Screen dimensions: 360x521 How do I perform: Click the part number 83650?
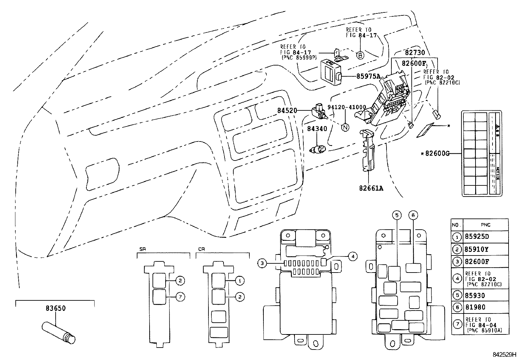pyautogui.click(x=55, y=308)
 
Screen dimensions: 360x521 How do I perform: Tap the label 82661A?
pyautogui.click(x=371, y=188)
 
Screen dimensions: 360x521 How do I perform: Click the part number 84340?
pyautogui.click(x=317, y=129)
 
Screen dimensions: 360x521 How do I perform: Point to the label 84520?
pyautogui.click(x=287, y=111)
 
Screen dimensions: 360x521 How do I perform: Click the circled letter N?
pyautogui.click(x=345, y=127)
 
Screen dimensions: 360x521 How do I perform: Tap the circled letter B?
pyautogui.click(x=360, y=55)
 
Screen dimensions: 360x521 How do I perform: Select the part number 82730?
pyautogui.click(x=415, y=52)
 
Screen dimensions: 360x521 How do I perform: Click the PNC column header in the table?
pyautogui.click(x=486, y=225)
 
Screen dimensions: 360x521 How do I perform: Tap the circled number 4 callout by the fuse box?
pyautogui.click(x=352, y=256)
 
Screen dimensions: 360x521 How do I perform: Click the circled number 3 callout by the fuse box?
pyautogui.click(x=261, y=263)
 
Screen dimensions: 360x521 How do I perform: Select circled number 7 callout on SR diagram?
pyautogui.click(x=180, y=297)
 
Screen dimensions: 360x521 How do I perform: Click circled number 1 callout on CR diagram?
pyautogui.click(x=240, y=281)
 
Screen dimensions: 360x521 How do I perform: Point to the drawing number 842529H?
pyautogui.click(x=504, y=355)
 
